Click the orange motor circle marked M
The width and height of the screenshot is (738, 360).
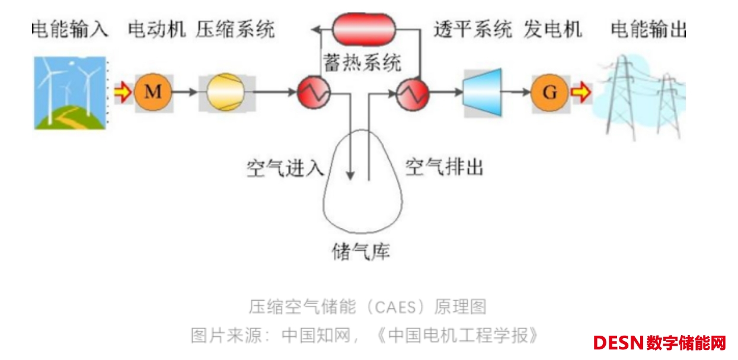[153, 93]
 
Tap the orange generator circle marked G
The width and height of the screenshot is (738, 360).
[549, 93]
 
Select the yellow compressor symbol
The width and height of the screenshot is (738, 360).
[225, 93]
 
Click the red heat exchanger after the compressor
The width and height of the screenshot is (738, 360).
[315, 93]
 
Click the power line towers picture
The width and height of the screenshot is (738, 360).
[641, 95]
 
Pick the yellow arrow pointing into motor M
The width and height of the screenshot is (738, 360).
[123, 93]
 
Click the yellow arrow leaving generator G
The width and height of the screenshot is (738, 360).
[581, 93]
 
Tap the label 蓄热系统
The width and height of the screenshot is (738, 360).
[362, 62]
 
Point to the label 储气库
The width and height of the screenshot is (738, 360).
[360, 251]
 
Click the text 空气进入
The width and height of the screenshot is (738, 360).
[285, 168]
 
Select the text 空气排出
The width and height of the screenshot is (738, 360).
[445, 167]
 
